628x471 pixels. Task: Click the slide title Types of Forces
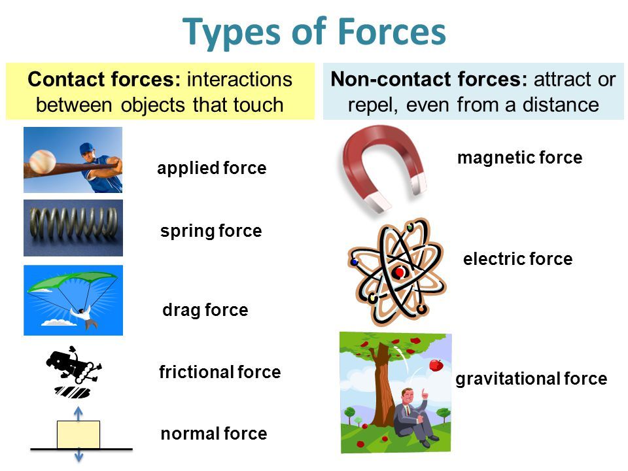click(x=315, y=31)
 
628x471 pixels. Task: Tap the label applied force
click(x=211, y=169)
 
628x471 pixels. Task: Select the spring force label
click(x=211, y=231)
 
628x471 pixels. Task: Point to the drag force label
click(x=205, y=310)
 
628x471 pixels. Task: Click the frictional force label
click(x=220, y=372)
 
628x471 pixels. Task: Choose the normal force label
click(x=214, y=433)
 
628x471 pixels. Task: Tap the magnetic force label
click(x=519, y=158)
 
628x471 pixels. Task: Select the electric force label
click(x=517, y=260)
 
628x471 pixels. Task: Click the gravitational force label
click(x=531, y=379)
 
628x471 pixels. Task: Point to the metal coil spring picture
click(x=73, y=227)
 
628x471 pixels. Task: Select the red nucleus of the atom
click(x=398, y=273)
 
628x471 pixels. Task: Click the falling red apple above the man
click(x=436, y=364)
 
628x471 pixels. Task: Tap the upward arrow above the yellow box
click(x=78, y=413)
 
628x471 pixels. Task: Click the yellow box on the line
click(x=78, y=434)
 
